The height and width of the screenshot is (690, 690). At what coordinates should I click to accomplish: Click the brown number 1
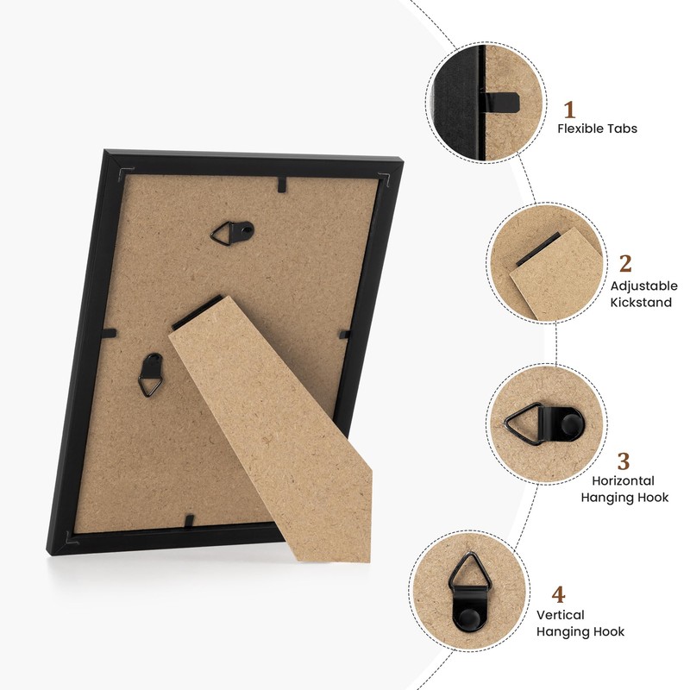569,110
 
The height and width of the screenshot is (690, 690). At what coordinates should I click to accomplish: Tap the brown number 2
625,264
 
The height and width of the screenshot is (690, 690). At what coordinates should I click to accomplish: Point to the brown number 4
559,595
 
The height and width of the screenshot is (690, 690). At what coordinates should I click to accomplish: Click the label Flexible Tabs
597,129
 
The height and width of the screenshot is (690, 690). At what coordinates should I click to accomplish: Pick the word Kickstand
641,303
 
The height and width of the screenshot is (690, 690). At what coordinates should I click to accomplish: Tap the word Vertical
561,615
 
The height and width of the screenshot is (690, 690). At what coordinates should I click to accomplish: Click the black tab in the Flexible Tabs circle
502,101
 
